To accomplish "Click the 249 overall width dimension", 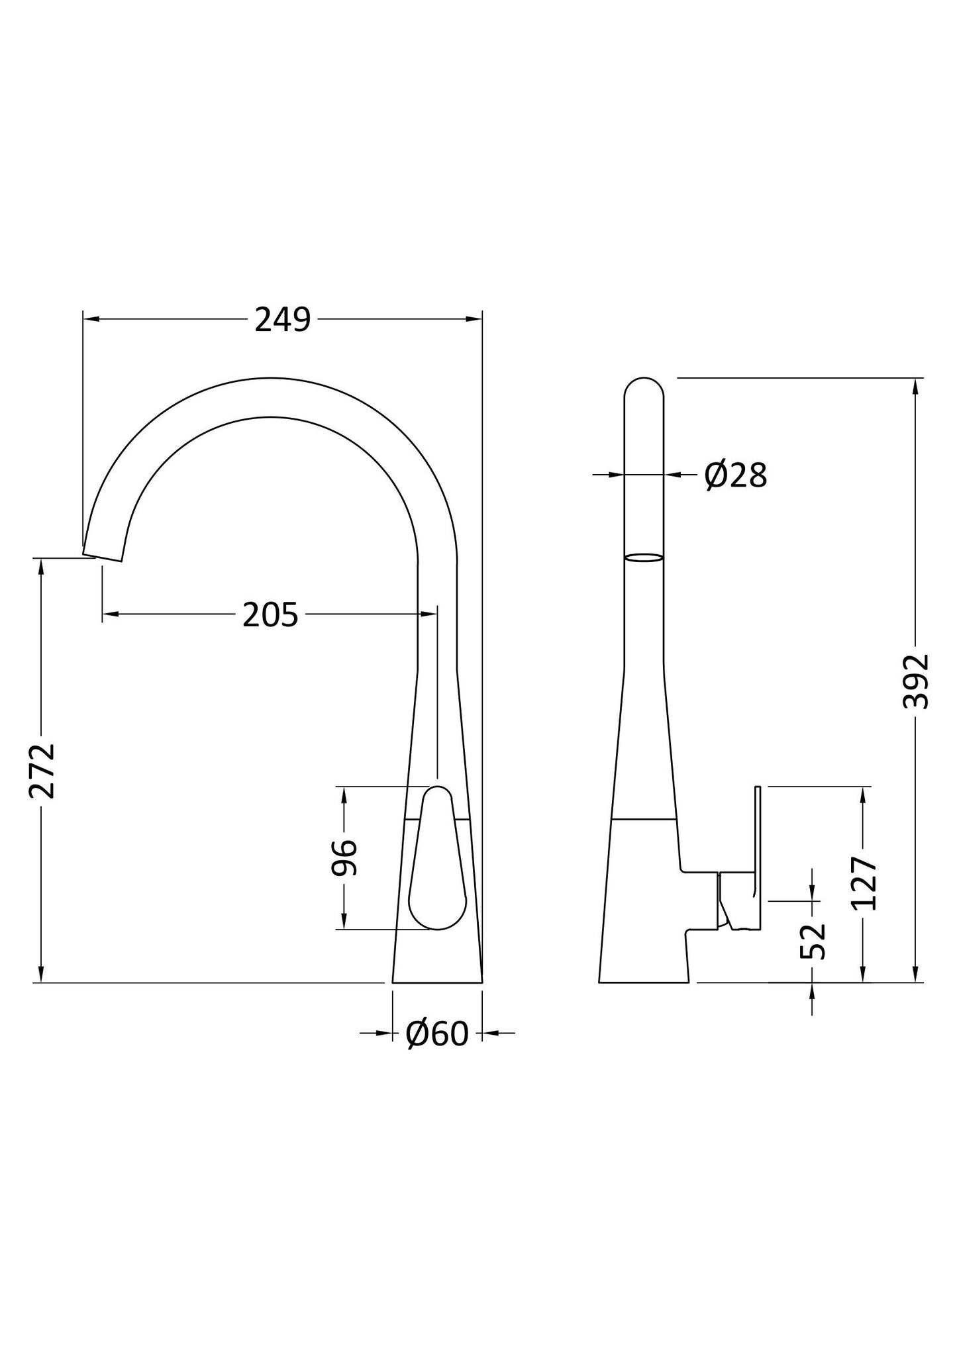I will pos(283,320).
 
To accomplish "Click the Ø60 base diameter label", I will pos(437,1033).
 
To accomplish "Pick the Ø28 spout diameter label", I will pos(736,475).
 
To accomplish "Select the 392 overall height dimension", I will pos(917,681).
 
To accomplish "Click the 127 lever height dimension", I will pos(864,884).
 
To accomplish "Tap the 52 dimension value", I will pos(813,941).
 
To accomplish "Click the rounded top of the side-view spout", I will pos(644,387).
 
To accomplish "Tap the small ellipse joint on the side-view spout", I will pos(644,558).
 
